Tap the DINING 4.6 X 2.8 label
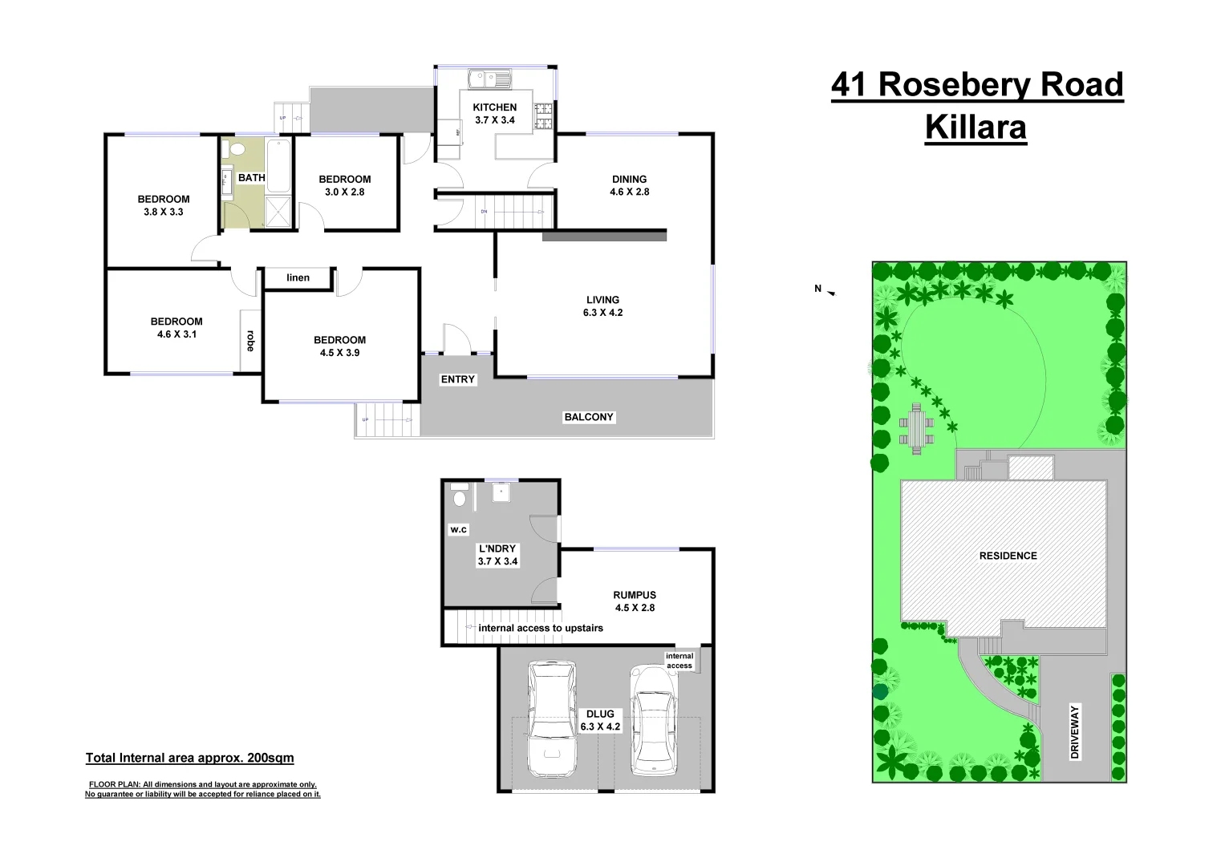coord(629,185)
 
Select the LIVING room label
coord(602,306)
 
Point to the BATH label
coord(251,178)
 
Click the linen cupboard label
coord(298,278)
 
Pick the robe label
coord(250,341)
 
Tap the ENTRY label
coord(458,379)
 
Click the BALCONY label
coord(588,417)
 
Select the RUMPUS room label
coord(635,601)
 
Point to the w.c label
coord(458,529)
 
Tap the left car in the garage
coord(551,718)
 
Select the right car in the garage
coord(652,719)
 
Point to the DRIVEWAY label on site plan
coord(1075,731)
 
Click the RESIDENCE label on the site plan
coord(1008,556)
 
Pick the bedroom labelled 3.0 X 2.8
coord(345,185)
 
